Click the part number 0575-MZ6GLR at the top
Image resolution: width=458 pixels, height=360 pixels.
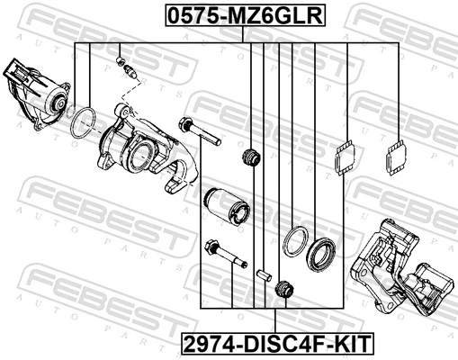click(x=230, y=15)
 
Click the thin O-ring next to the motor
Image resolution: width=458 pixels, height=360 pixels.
click(x=84, y=122)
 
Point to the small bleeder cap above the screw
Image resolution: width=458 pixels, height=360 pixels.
click(x=121, y=60)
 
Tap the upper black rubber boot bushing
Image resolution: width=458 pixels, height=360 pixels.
click(x=252, y=157)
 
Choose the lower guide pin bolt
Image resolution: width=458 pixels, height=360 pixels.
click(x=225, y=255)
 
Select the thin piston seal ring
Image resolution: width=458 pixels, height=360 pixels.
click(x=294, y=241)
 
